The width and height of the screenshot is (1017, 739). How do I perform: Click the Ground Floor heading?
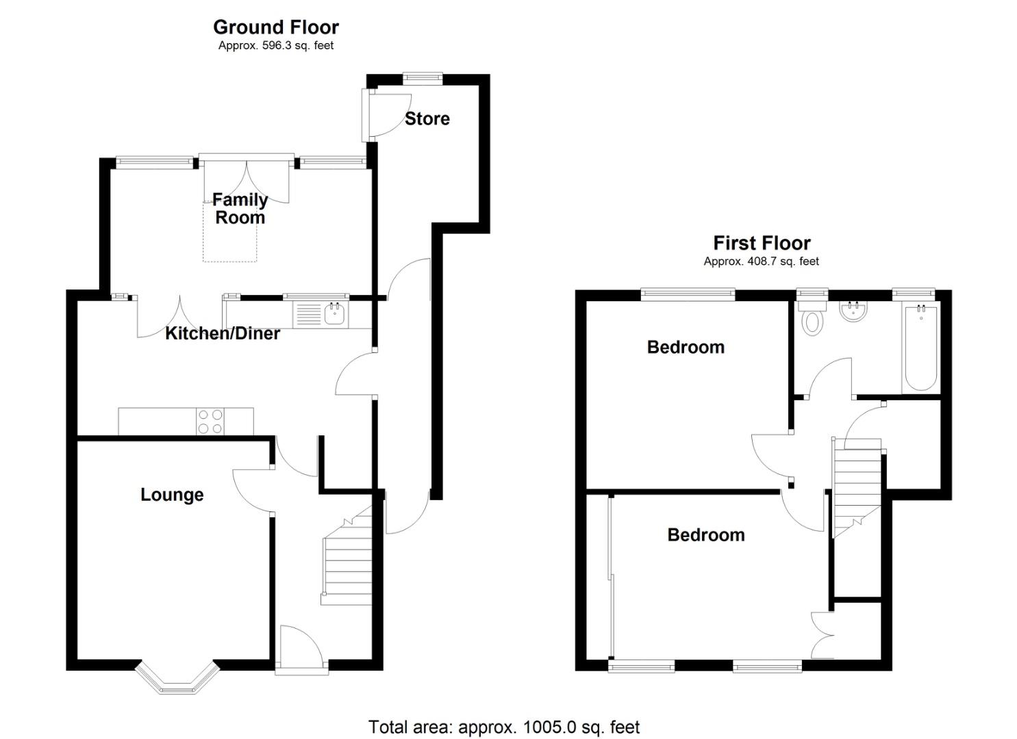[275, 27]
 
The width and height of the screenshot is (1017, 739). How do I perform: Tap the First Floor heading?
[762, 243]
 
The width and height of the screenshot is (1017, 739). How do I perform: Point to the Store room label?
[427, 118]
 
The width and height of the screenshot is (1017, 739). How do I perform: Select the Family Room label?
[239, 209]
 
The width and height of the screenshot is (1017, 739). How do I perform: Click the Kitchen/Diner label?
[223, 333]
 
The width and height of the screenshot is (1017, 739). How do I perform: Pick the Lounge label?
[172, 495]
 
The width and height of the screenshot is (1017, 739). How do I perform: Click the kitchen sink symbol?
[334, 315]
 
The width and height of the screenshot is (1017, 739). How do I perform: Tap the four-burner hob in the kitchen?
[210, 422]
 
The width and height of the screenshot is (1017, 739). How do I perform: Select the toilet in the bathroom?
[812, 318]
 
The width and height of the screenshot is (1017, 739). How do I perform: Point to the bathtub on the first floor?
[920, 349]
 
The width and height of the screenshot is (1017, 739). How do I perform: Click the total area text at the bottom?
[504, 727]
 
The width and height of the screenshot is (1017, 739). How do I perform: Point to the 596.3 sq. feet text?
[276, 46]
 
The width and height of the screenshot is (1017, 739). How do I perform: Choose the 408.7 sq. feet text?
[762, 261]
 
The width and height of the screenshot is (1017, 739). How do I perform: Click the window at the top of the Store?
[422, 78]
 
